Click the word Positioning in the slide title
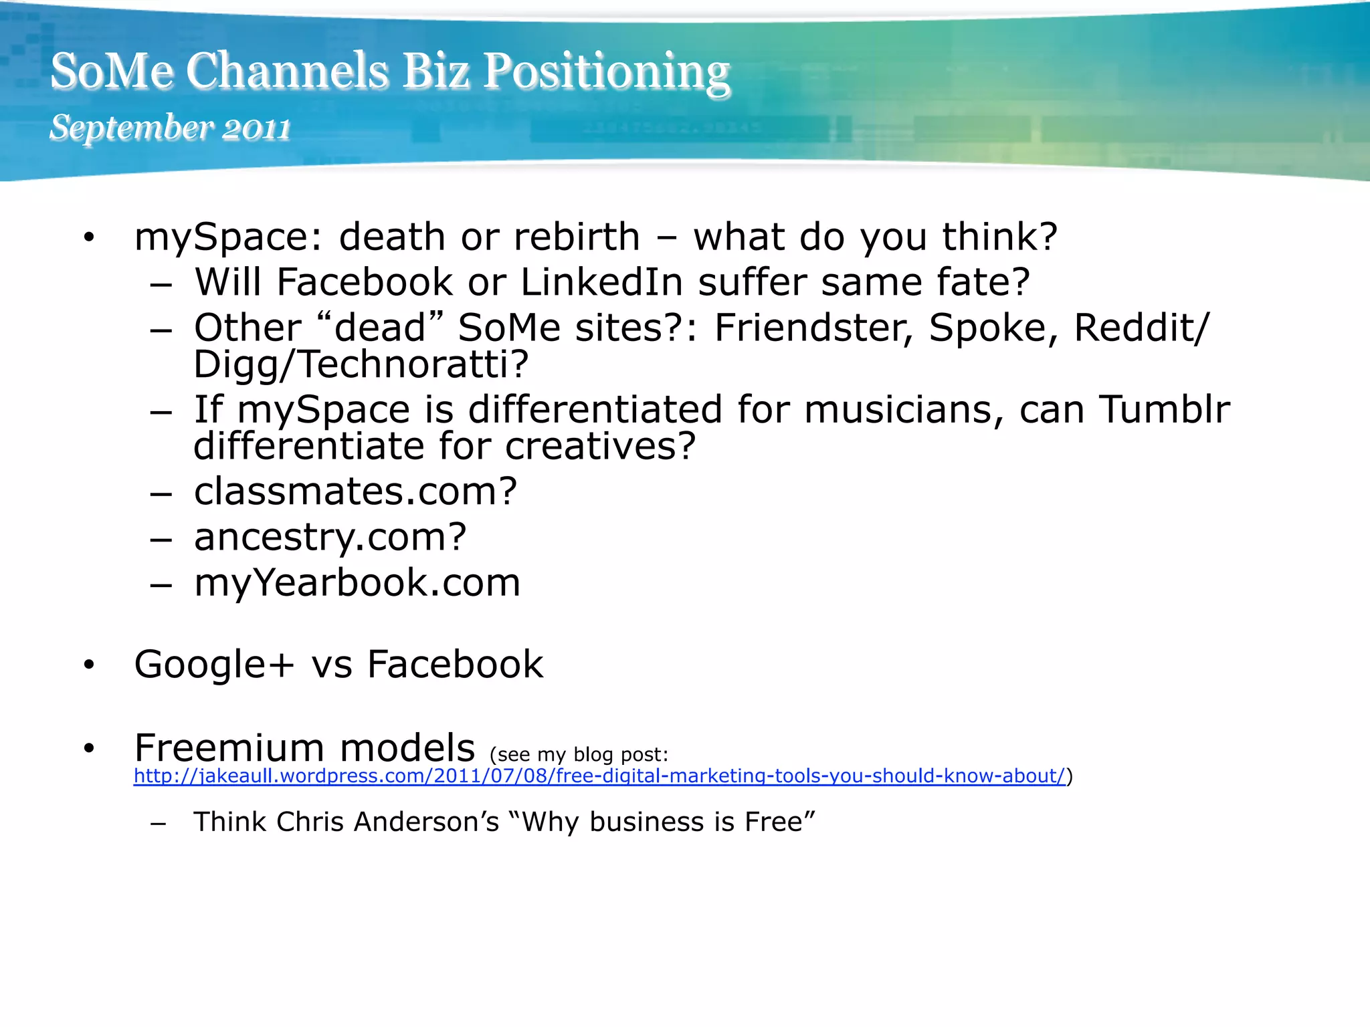[x=606, y=72]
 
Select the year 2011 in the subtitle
[x=256, y=128]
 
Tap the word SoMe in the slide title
[x=112, y=72]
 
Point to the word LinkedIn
[x=601, y=282]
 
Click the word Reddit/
[x=1141, y=328]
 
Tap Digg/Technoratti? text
[x=361, y=364]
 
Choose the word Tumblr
[x=1165, y=409]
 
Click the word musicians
[x=904, y=409]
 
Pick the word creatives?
[x=600, y=446]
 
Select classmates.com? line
[x=355, y=491]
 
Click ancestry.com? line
[x=330, y=537]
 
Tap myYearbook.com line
[x=357, y=582]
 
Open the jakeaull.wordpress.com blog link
[x=599, y=776]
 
